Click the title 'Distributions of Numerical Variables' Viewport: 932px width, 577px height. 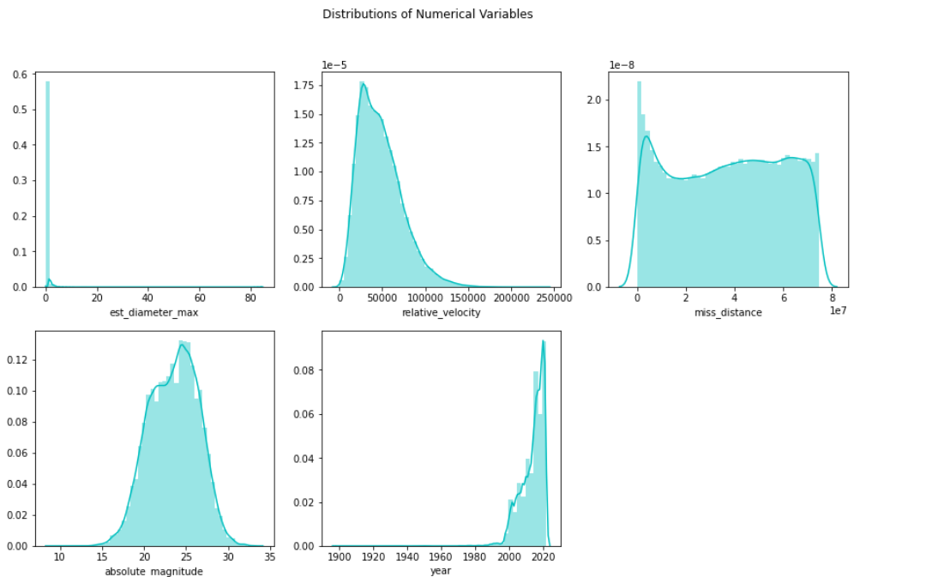[427, 14]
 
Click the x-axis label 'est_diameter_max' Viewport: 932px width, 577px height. [153, 313]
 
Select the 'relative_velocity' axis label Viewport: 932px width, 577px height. [441, 313]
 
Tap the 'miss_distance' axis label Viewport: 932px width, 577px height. [728, 313]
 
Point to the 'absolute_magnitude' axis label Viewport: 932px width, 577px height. [153, 571]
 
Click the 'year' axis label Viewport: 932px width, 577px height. [441, 571]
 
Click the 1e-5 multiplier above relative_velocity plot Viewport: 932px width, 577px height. [334, 64]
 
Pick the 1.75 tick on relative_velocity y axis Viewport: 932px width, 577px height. [306, 86]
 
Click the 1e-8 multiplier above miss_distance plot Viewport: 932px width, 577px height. [621, 64]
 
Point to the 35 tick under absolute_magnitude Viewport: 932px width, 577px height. [269, 557]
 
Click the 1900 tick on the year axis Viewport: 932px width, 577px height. [340, 557]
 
